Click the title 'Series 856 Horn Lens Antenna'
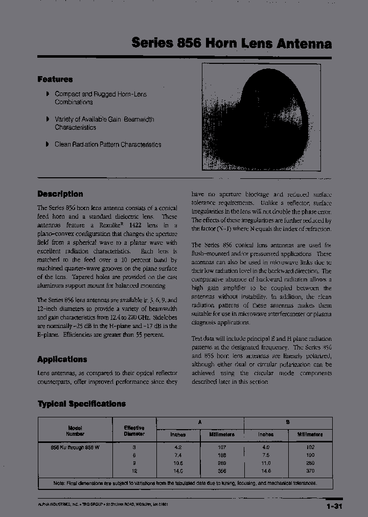[x=231, y=43]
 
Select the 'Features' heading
[x=55, y=80]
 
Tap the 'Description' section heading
[x=60, y=194]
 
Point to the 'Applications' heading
[x=62, y=359]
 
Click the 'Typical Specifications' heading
[x=82, y=404]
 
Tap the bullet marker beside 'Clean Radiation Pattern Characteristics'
[x=48, y=144]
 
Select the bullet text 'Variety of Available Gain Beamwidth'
[x=104, y=120]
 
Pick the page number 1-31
[x=333, y=506]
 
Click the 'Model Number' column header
[x=75, y=431]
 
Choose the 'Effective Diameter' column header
[x=134, y=431]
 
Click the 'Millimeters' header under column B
[x=310, y=434]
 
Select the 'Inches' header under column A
[x=178, y=434]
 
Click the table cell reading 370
[x=310, y=471]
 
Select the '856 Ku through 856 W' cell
[x=75, y=447]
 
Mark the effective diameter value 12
[x=134, y=471]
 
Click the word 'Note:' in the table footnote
[x=60, y=483]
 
